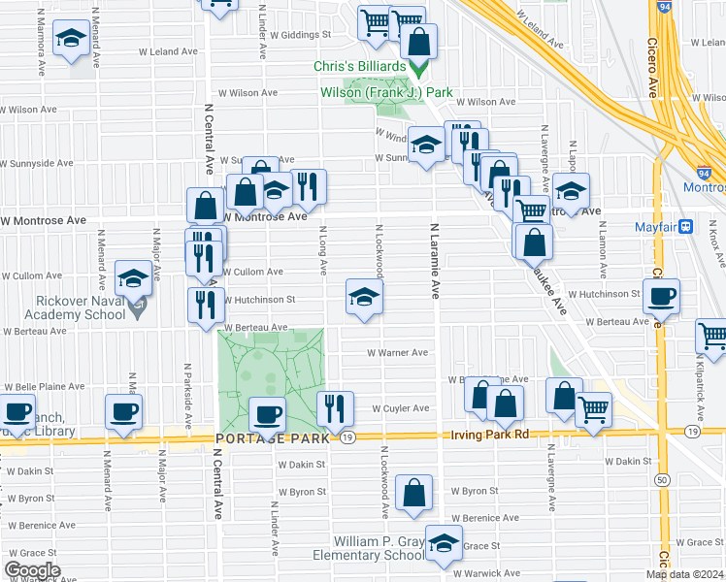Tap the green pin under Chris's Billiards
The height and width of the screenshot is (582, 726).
(x=419, y=70)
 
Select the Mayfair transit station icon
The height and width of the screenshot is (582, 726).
(x=685, y=227)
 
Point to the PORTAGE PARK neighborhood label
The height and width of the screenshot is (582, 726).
(x=272, y=438)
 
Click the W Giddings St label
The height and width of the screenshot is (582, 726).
(x=301, y=34)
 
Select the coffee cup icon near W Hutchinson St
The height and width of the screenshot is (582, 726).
(x=661, y=296)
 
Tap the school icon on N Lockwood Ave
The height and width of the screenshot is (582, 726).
(x=364, y=296)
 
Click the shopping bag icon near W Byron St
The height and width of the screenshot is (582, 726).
(x=414, y=492)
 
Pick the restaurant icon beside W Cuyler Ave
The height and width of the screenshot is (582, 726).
(x=335, y=408)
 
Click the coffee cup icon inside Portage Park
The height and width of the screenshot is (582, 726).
(x=267, y=414)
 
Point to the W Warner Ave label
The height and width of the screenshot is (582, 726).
(x=397, y=353)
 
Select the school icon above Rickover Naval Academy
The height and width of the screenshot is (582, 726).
(x=133, y=278)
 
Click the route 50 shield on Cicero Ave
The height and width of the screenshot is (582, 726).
(x=661, y=479)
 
